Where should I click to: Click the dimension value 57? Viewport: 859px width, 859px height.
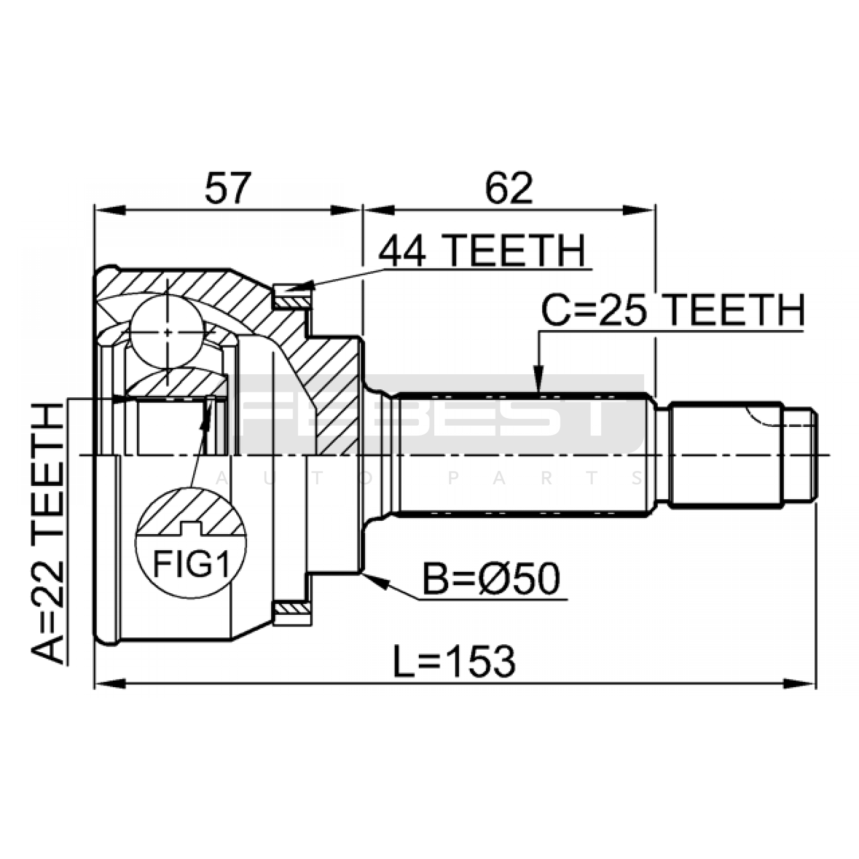tap(228, 188)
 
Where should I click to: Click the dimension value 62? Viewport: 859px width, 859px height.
tap(509, 188)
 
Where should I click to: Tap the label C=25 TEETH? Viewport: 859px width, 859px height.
tap(673, 310)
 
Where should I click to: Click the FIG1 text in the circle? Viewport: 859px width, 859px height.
tap(191, 564)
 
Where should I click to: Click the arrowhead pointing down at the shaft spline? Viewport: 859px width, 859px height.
tap(538, 380)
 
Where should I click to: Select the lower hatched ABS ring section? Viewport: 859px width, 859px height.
tap(292, 609)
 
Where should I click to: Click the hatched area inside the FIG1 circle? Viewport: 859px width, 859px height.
tap(191, 513)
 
